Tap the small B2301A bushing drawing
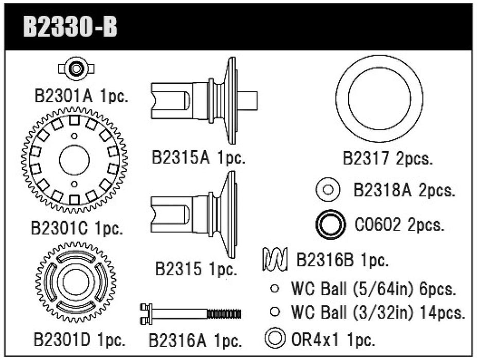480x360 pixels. pyautogui.click(x=76, y=68)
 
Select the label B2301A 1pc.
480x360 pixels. pyautogui.click(x=81, y=96)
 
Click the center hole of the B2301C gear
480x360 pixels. pyautogui.click(x=74, y=160)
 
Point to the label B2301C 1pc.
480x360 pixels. pyautogui.click(x=77, y=228)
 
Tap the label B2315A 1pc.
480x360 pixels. pyautogui.click(x=199, y=157)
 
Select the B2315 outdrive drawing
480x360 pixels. pyautogui.click(x=195, y=213)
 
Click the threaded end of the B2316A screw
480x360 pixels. pyautogui.click(x=224, y=314)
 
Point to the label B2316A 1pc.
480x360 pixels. pyautogui.click(x=195, y=340)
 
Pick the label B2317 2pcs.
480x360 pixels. pyautogui.click(x=387, y=158)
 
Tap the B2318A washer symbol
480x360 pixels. pyautogui.click(x=327, y=190)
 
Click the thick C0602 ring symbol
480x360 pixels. pyautogui.click(x=329, y=225)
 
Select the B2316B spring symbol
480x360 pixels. pyautogui.click(x=275, y=260)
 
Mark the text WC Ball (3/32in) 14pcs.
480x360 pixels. pyautogui.click(x=378, y=312)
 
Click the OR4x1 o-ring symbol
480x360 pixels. pyautogui.click(x=275, y=338)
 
